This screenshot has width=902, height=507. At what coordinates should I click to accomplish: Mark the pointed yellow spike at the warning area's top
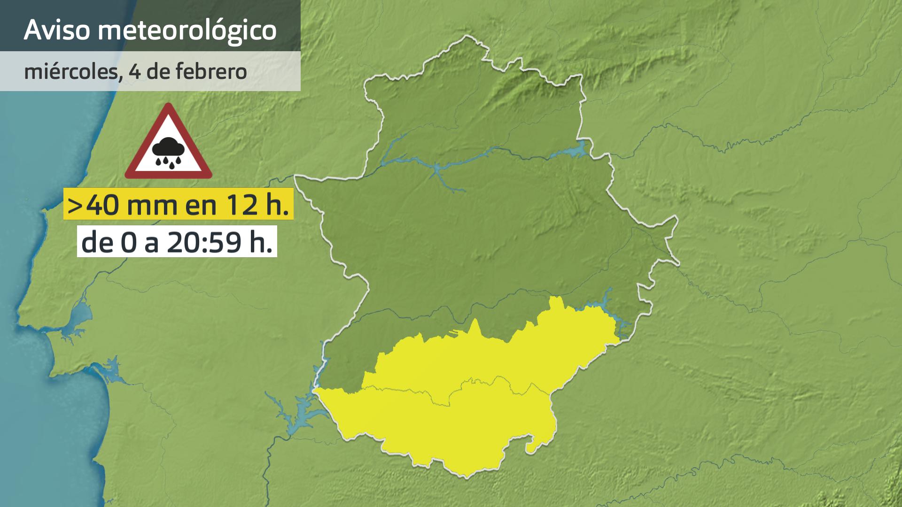475,324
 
